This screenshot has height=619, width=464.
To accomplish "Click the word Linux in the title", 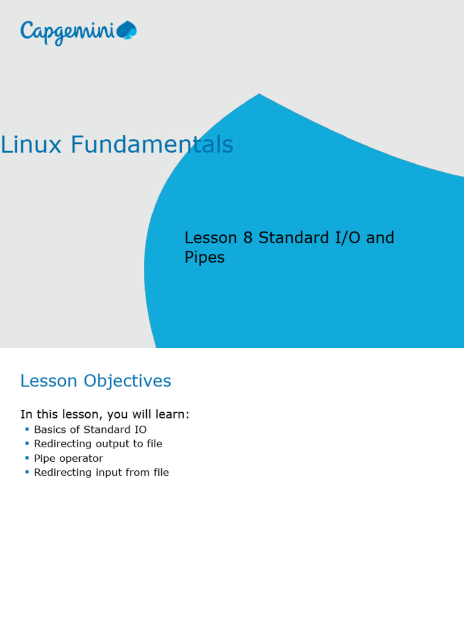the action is point(32,145).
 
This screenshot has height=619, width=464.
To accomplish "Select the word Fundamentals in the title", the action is point(152,145).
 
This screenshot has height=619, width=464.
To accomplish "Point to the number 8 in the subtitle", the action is point(248,238).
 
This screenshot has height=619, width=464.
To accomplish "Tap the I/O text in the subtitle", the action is point(347,238).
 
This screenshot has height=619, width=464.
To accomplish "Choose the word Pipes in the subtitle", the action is point(204,258).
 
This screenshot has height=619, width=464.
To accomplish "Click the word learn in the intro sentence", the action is point(173,415).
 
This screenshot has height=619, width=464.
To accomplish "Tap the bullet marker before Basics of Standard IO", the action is point(27,429).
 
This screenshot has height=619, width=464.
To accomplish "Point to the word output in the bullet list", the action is point(108,444).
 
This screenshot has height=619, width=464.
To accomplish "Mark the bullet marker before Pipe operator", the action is point(27,458).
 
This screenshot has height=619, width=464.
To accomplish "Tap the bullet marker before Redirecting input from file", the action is point(27,472).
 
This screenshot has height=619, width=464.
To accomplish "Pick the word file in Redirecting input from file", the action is point(160,473).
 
